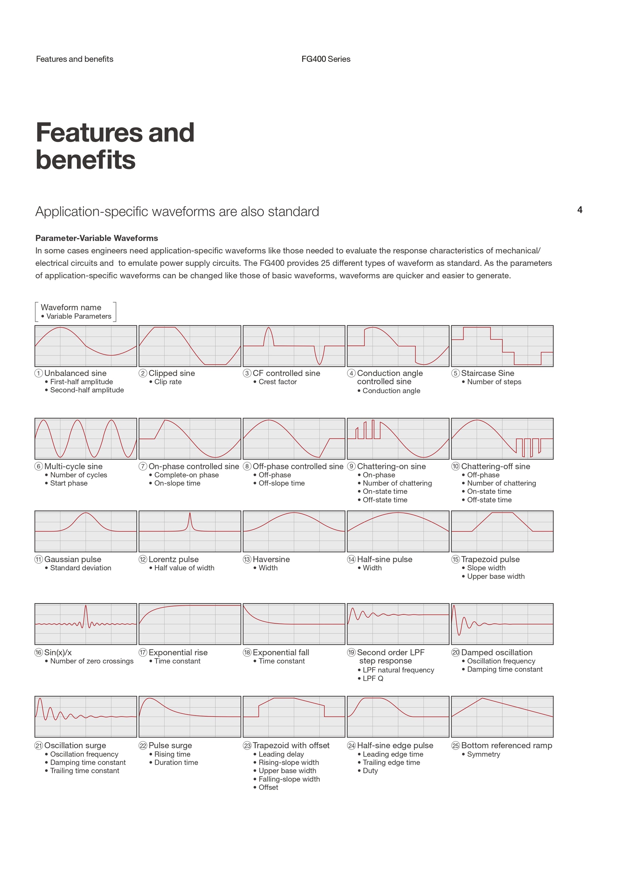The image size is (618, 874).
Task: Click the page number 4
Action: tap(580, 210)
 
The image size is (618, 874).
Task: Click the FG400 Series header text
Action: tap(326, 59)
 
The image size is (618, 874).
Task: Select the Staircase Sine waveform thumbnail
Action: tap(502, 346)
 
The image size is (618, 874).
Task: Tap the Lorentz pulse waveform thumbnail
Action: tap(190, 531)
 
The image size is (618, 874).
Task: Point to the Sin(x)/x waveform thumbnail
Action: tap(86, 624)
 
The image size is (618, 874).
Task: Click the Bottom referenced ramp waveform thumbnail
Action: tap(502, 717)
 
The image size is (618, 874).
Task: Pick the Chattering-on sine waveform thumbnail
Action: tap(398, 439)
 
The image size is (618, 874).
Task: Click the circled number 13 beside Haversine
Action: tap(247, 559)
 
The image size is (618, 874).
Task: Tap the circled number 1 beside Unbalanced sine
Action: tap(39, 373)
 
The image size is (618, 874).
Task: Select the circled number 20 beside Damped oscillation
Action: tap(455, 652)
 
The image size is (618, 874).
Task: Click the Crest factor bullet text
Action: tap(278, 382)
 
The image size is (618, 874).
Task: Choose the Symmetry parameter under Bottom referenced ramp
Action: tap(483, 754)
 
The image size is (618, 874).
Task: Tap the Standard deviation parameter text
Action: tap(81, 568)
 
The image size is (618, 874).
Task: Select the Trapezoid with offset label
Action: tap(291, 745)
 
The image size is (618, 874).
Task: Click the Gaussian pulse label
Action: tap(73, 559)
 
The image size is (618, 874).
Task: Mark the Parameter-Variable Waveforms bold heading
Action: tap(97, 238)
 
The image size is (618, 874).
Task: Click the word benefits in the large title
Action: tap(86, 159)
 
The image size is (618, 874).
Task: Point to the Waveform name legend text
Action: tap(71, 307)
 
